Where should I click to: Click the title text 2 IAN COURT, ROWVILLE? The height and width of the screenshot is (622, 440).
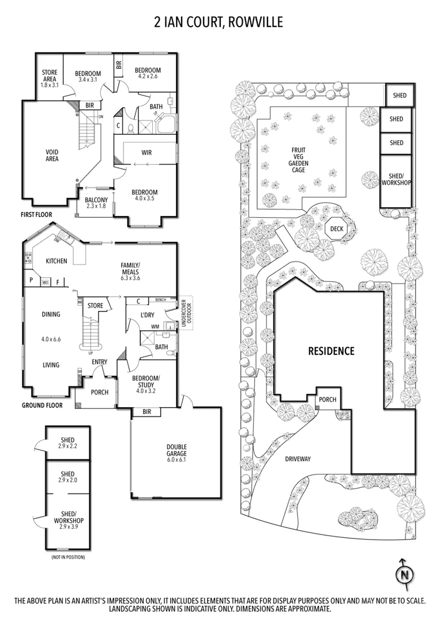(x=219, y=22)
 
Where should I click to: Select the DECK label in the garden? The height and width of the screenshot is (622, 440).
(x=336, y=229)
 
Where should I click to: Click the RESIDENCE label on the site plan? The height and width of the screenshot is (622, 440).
(x=330, y=350)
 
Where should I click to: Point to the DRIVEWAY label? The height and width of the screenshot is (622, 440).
(x=298, y=459)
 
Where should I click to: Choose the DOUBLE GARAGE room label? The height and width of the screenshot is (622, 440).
(x=176, y=453)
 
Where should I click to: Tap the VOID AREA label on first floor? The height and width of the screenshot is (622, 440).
(x=52, y=155)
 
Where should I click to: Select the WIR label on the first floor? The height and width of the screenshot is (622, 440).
(x=146, y=153)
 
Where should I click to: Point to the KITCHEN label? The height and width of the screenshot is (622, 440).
(x=57, y=261)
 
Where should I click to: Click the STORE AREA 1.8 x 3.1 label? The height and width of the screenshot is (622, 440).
(x=49, y=77)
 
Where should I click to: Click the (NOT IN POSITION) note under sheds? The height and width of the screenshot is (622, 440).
(x=68, y=557)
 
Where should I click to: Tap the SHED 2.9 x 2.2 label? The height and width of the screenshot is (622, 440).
(x=67, y=442)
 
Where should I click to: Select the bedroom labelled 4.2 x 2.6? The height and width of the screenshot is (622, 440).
(x=148, y=73)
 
